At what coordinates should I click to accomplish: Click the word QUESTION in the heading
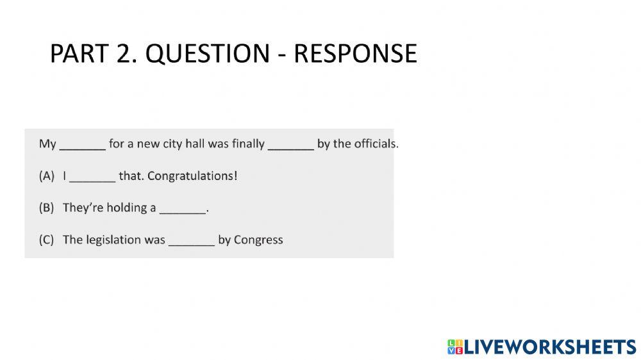coord(208,54)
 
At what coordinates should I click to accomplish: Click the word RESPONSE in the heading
coord(356,54)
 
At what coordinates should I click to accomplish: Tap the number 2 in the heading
coord(124,54)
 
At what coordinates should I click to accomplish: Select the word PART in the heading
coord(79,54)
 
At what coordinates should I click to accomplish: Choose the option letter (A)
coord(47,176)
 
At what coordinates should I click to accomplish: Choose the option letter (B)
coord(47,208)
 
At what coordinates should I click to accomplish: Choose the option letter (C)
coord(47,240)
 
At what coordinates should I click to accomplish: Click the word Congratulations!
coord(192,176)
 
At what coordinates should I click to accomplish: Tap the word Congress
coord(258,240)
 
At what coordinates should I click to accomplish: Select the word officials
coord(376,144)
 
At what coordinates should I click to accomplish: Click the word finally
coord(248,144)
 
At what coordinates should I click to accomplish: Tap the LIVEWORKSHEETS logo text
coord(550,347)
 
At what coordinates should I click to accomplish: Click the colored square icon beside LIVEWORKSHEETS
coord(455,347)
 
